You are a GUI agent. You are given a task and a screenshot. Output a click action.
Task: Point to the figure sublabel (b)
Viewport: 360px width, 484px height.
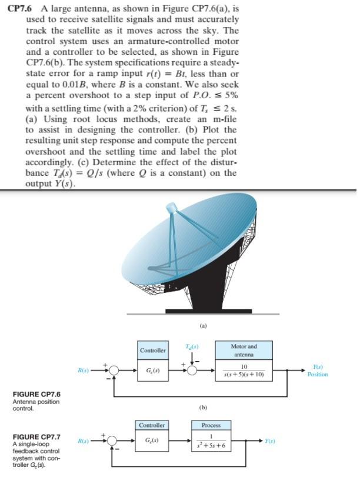coord(203,406)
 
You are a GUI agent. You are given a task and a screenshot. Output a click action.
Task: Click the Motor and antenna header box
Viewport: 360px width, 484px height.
coord(244,351)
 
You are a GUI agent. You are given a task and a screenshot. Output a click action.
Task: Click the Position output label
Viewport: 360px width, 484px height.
coord(318,374)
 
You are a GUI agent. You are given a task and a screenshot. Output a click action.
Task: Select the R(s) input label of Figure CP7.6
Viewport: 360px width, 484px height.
coord(84,370)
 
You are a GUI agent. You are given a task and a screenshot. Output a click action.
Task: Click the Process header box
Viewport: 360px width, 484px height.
coord(211,425)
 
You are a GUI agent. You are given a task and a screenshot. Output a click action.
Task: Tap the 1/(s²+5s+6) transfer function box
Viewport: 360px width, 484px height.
coord(211,440)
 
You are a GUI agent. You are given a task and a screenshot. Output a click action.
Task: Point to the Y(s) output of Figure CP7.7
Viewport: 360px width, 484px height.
coord(268,440)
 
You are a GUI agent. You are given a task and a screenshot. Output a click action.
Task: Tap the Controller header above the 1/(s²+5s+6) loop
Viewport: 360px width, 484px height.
coord(152,425)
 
